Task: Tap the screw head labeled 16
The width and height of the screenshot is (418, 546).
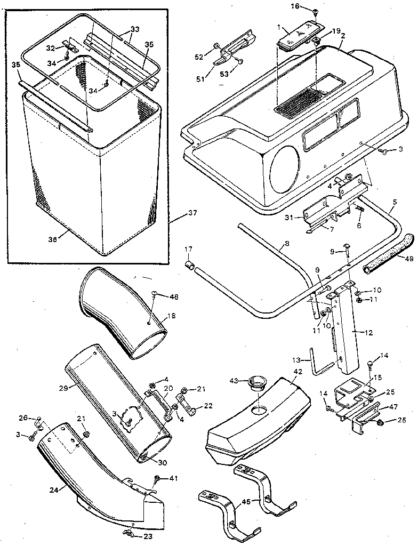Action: click(315, 11)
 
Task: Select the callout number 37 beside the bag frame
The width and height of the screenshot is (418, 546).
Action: click(192, 213)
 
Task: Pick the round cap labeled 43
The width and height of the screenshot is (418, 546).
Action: click(258, 383)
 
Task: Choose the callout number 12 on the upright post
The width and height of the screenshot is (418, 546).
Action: click(369, 332)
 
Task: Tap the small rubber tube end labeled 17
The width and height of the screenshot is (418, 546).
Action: click(188, 265)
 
